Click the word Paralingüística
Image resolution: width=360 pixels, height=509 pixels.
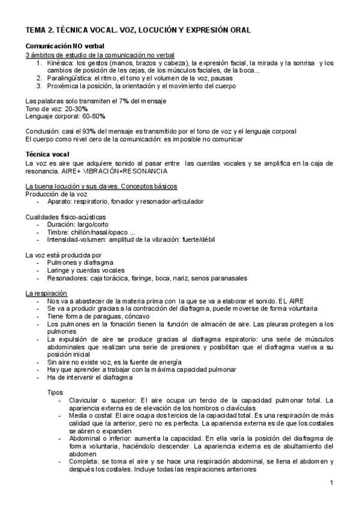71,78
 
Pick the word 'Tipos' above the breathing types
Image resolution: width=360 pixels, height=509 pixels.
55,392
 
